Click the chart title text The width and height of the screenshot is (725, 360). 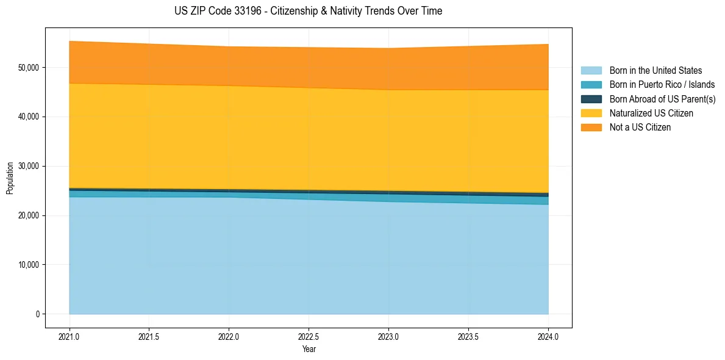coord(308,11)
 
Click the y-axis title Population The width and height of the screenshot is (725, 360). coord(10,178)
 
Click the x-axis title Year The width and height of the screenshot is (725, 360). coord(309,349)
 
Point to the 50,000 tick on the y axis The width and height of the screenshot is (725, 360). coord(28,67)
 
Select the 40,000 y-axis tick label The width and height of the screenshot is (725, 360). coord(28,117)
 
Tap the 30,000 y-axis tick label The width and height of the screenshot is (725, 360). coord(28,166)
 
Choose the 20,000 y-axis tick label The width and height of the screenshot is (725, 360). coord(28,215)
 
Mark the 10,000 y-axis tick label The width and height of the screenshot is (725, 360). coord(28,265)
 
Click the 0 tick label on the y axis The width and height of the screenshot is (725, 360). coord(37,314)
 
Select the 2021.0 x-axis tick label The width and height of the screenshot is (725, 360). coord(70,336)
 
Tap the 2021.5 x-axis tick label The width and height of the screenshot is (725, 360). coord(149,336)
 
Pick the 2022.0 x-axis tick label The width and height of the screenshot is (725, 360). coord(229,336)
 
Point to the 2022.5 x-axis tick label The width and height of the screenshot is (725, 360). coord(309,336)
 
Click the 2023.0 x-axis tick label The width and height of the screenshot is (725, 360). coord(388,336)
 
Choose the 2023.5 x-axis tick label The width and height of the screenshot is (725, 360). coord(468,336)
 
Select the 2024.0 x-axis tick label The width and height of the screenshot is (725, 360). coord(548,336)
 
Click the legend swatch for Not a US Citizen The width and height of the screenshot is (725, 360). coord(591,128)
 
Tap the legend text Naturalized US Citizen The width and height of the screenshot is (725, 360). coord(651,113)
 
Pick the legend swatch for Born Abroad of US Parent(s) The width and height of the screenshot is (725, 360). coord(591,99)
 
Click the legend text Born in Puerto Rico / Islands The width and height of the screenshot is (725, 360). coord(662,85)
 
